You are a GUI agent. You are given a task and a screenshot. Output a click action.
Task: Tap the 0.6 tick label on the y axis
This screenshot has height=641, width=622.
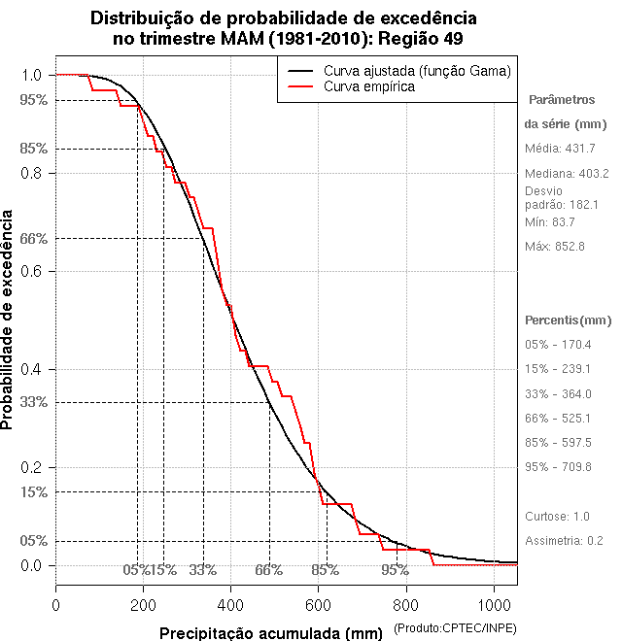(32, 271)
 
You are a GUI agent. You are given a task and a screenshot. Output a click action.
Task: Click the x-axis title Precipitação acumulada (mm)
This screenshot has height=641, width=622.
(271, 633)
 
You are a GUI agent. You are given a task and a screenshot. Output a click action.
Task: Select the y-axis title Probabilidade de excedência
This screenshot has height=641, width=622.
(9, 320)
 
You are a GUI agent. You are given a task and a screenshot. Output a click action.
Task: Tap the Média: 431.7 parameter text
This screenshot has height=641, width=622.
(560, 149)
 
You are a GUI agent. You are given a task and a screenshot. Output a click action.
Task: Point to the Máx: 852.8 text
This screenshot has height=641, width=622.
(555, 247)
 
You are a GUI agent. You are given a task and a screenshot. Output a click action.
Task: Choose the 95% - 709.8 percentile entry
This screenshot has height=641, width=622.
(558, 467)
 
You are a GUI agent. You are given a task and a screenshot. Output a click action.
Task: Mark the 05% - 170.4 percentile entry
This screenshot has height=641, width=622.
(558, 345)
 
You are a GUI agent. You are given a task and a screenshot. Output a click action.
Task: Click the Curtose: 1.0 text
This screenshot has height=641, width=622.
(558, 516)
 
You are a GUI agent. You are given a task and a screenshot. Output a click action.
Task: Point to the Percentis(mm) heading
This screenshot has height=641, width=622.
(569, 320)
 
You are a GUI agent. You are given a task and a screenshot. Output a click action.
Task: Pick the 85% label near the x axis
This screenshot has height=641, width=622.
(325, 570)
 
